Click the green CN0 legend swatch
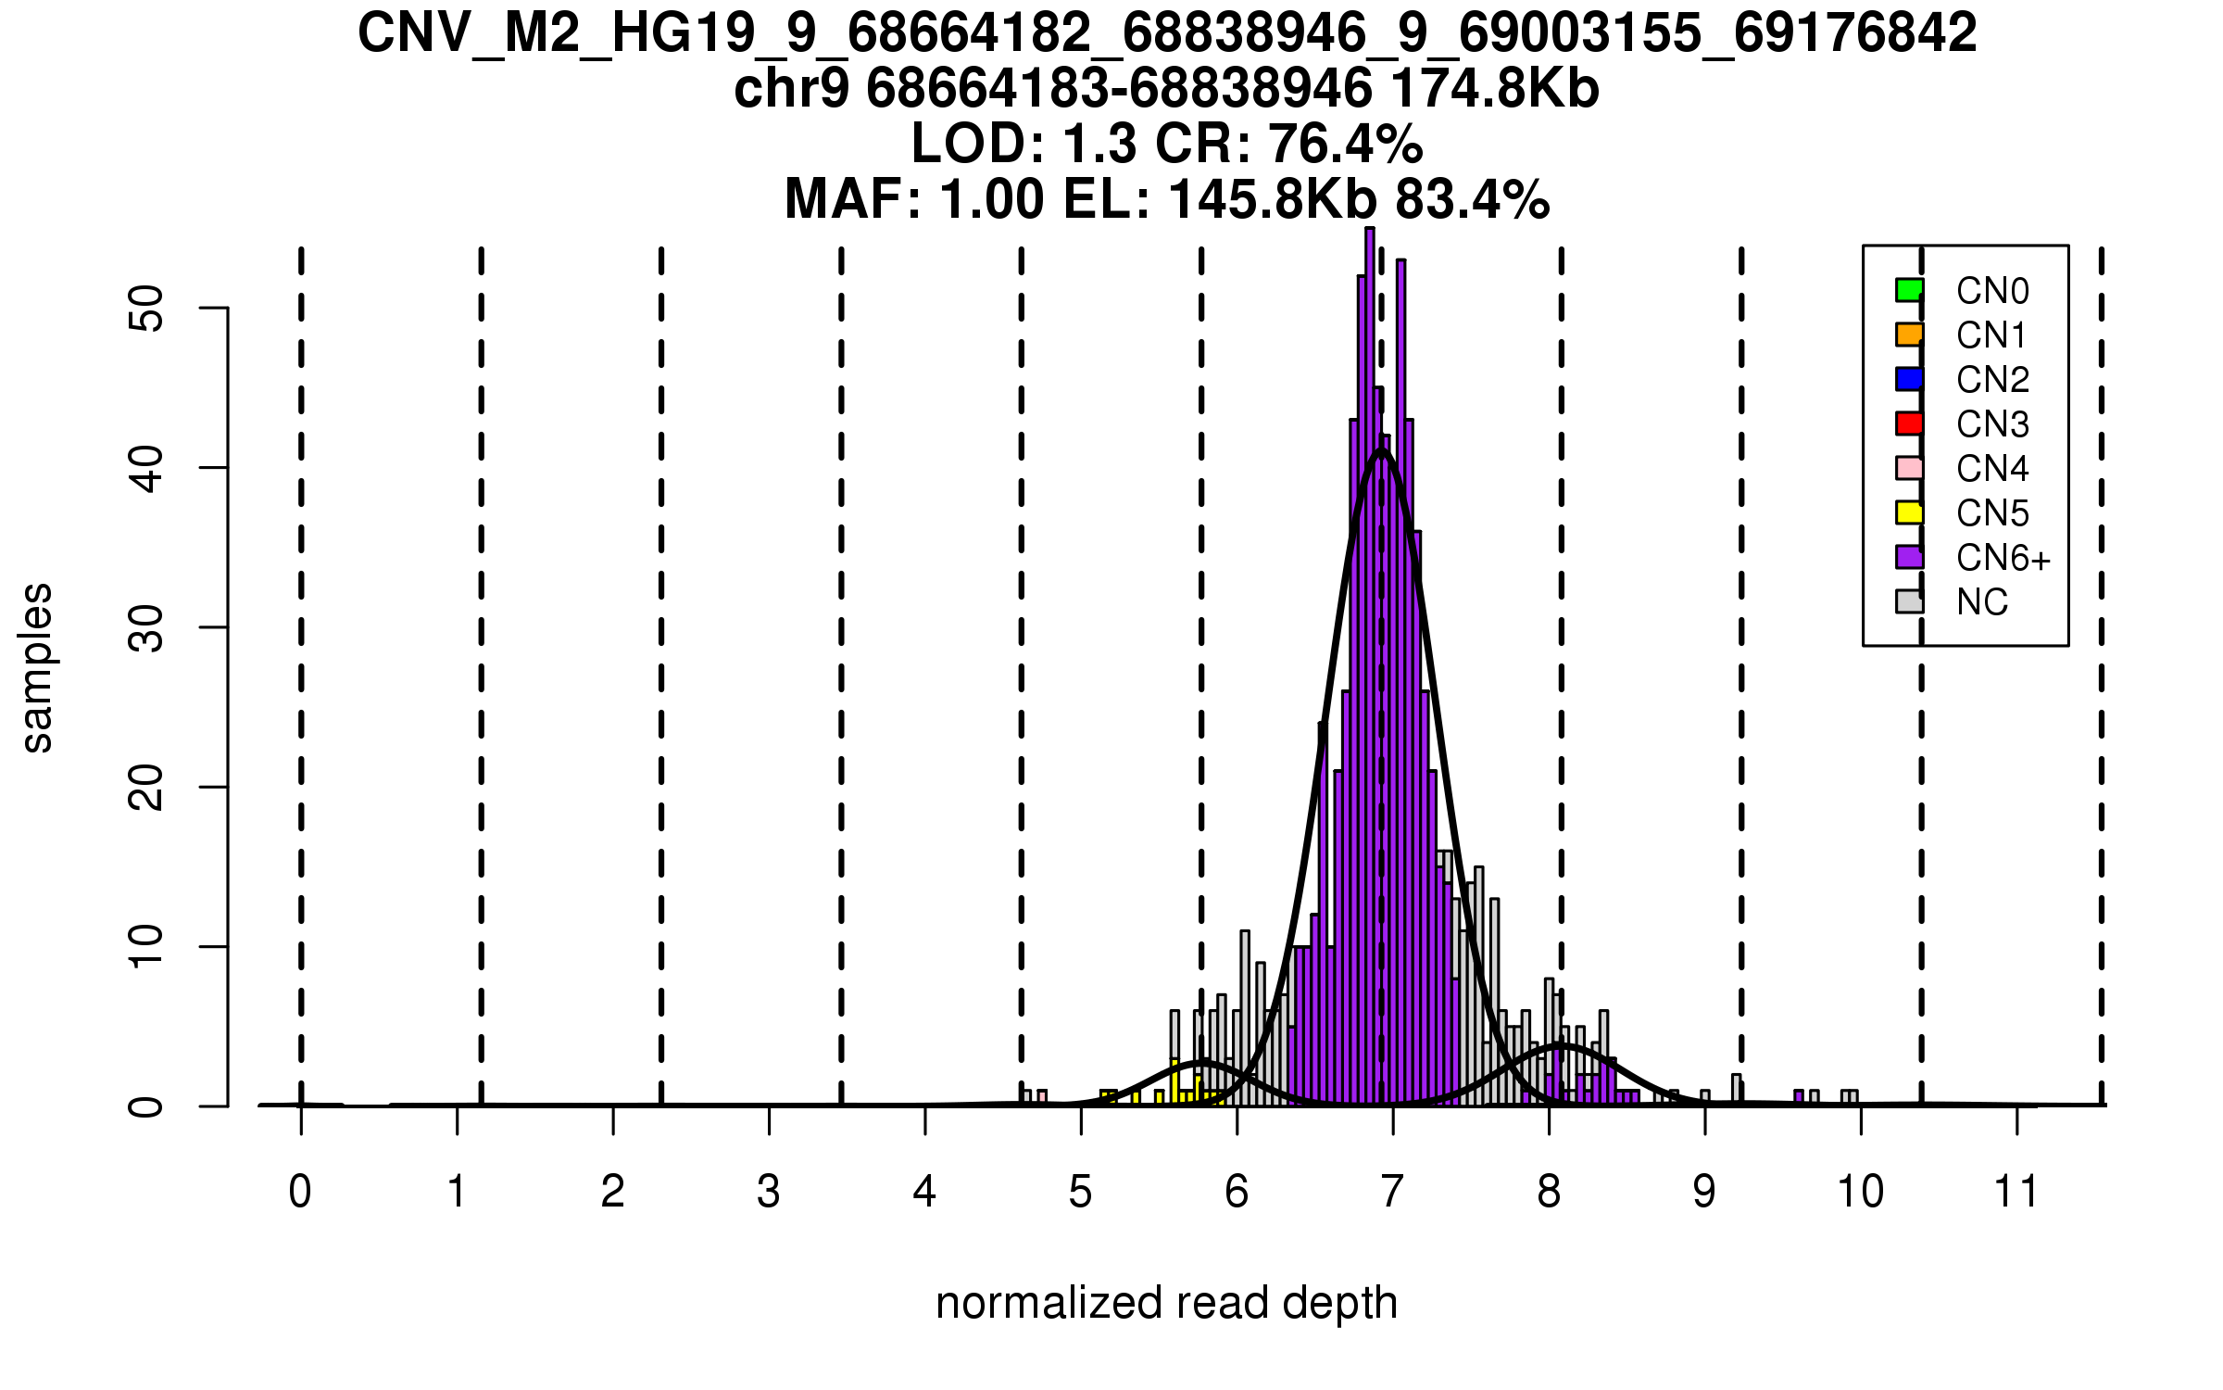(1909, 290)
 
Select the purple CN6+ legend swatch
(1909, 557)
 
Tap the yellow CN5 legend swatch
(1909, 512)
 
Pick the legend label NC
(1982, 602)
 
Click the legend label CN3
(1992, 424)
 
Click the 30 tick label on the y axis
(147, 627)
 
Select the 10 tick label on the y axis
(147, 947)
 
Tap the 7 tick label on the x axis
(1392, 1192)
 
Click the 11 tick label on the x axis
(2016, 1192)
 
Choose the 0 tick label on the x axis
(300, 1192)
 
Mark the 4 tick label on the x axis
(924, 1192)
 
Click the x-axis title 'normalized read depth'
(1166, 1303)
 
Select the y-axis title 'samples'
(37, 667)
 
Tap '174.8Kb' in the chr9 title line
(1495, 89)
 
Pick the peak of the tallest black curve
(1382, 450)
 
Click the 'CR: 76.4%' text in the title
(1289, 144)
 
